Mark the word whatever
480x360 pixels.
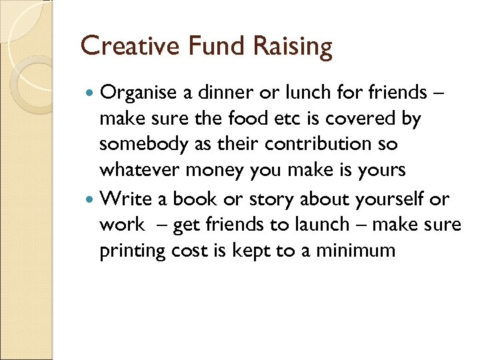139,170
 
